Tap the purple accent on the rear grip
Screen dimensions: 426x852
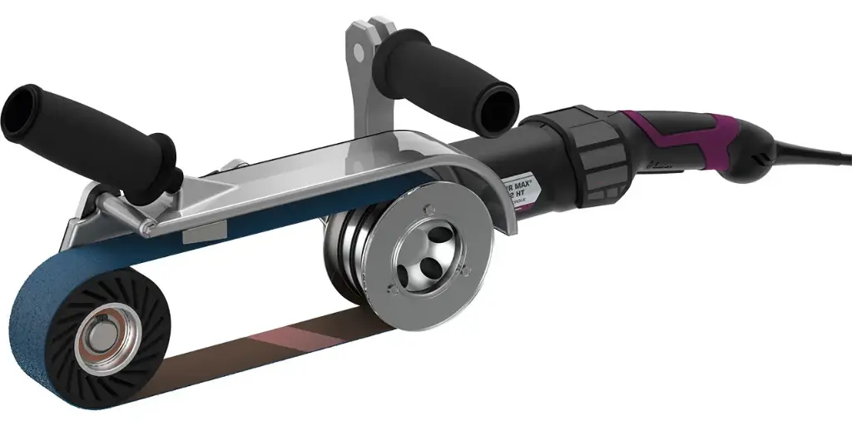666,137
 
